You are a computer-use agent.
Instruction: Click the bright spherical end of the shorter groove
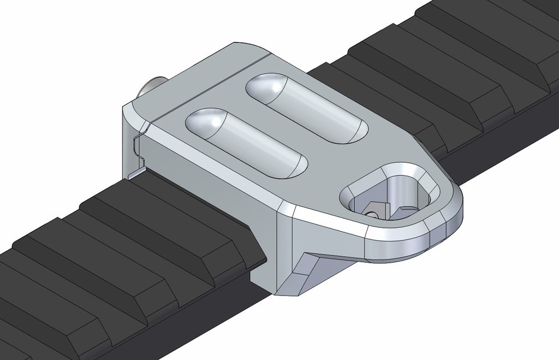(x=206, y=121)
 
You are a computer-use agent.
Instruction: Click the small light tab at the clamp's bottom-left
(x=137, y=173)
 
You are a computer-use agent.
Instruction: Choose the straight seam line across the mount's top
(x=207, y=87)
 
